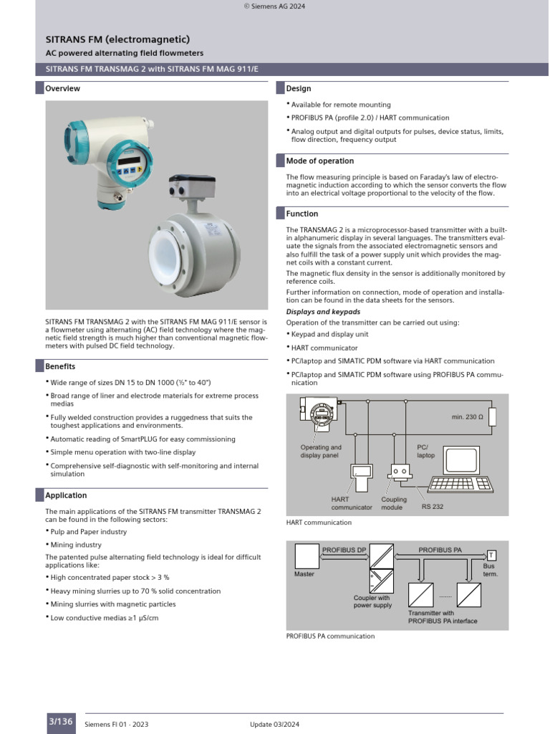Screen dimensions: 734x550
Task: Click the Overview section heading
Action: click(62, 89)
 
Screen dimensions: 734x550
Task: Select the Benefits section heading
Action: click(60, 366)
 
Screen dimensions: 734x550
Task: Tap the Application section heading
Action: click(66, 495)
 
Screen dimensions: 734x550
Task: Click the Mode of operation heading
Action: click(319, 161)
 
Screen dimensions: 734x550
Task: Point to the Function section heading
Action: click(302, 214)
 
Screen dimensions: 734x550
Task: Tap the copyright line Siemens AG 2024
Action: click(275, 6)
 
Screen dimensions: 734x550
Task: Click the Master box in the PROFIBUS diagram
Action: click(306, 557)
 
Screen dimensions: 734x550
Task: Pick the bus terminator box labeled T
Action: click(491, 556)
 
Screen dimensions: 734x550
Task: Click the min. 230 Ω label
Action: click(468, 416)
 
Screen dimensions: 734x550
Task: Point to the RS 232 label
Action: click(432, 507)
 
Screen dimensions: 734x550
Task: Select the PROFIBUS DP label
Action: click(344, 550)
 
